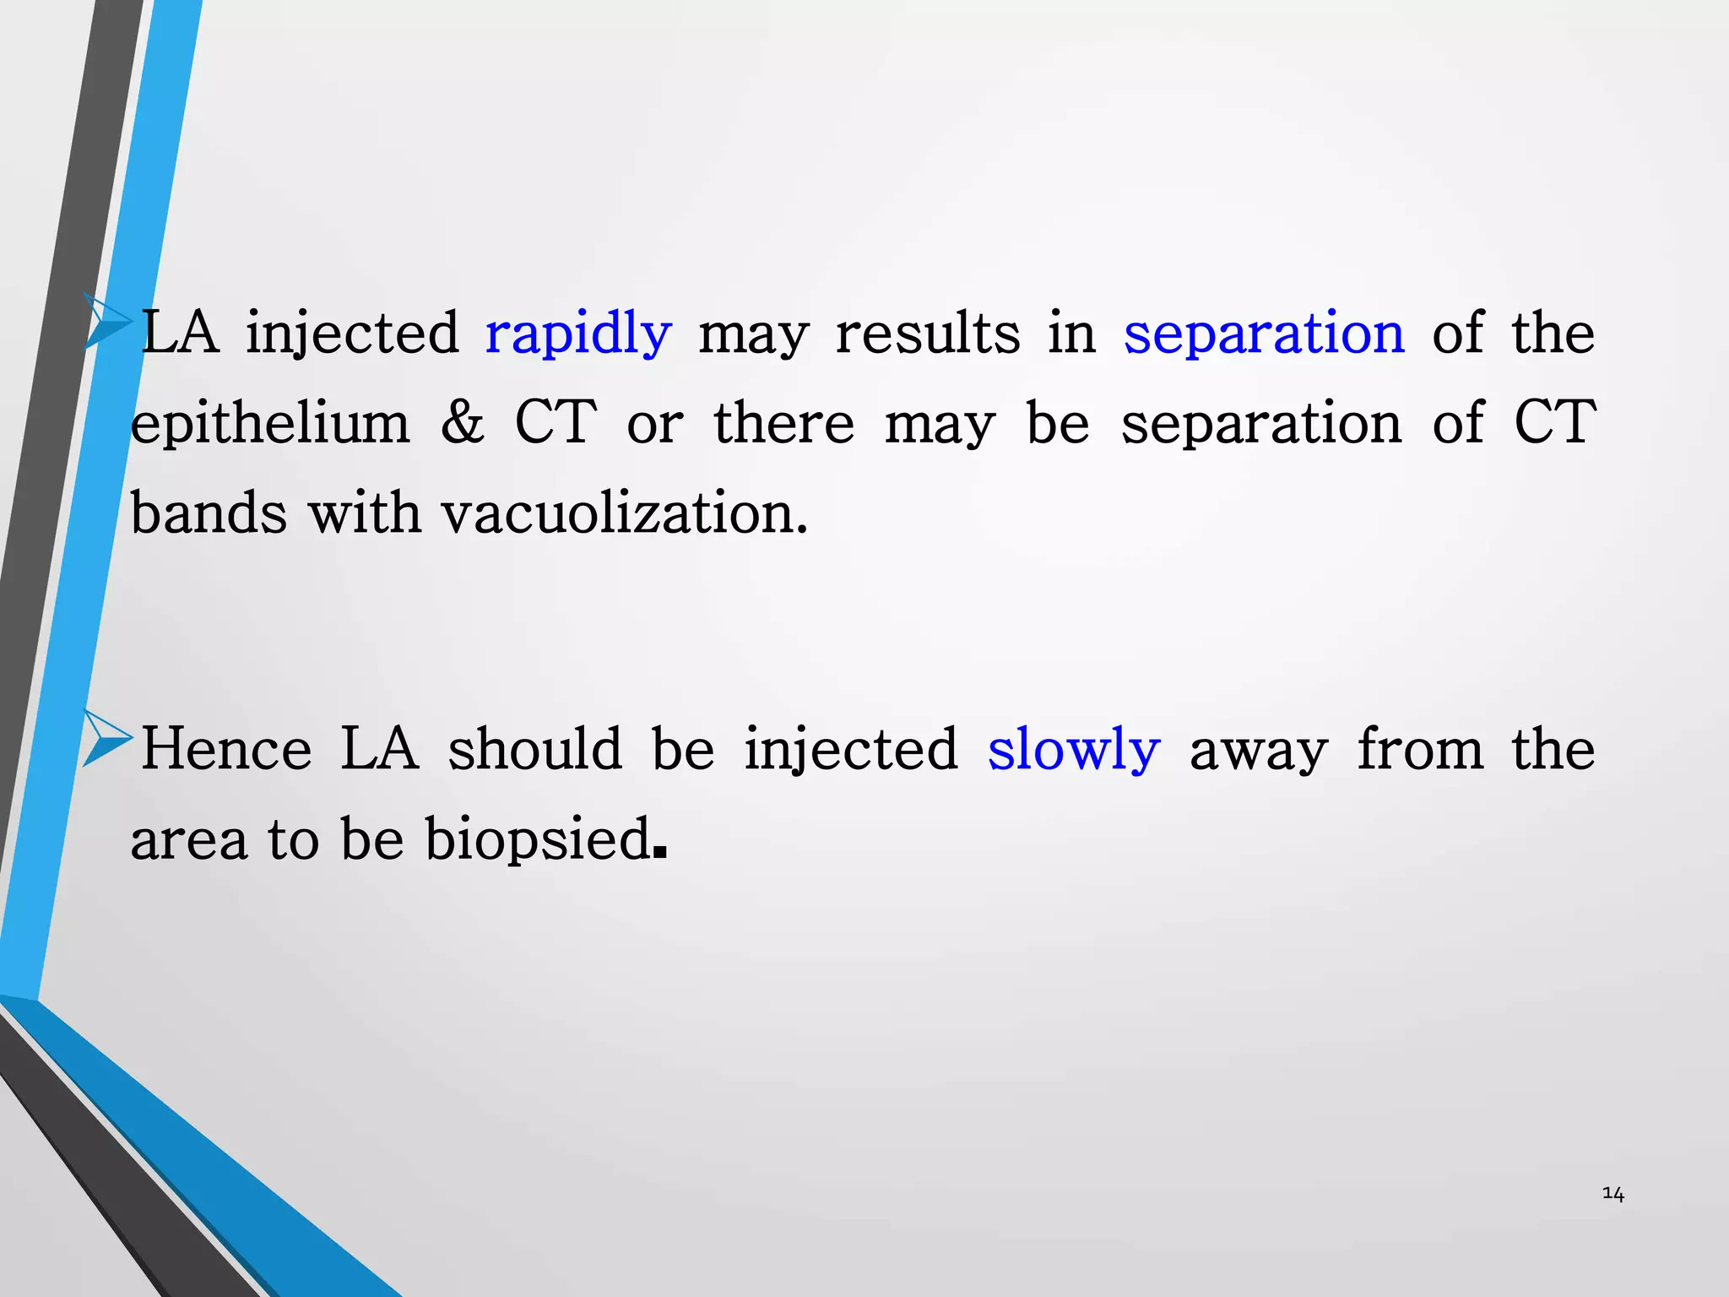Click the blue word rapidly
[x=578, y=334]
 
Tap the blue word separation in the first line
[x=1264, y=333]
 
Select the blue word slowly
[x=1073, y=750]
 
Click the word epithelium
[x=270, y=424]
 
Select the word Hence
[x=226, y=749]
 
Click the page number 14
[x=1612, y=1194]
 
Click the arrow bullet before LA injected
[x=107, y=321]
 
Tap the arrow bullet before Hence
[x=107, y=738]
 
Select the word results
[x=927, y=333]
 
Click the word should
[x=534, y=749]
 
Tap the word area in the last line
[x=188, y=841]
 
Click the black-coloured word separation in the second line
[x=1260, y=423]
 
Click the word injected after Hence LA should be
[x=850, y=750]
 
